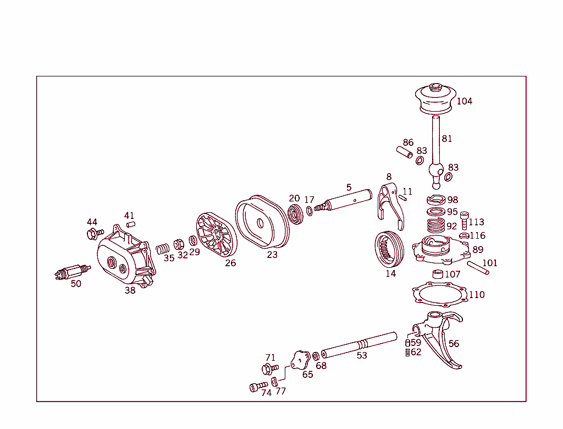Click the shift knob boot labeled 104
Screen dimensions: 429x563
(436, 101)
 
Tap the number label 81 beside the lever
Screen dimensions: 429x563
(447, 139)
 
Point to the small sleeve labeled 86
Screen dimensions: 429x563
(405, 151)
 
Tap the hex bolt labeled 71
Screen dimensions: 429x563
(270, 368)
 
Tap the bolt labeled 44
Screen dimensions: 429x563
(93, 234)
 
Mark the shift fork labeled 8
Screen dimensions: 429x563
(391, 203)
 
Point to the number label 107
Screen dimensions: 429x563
(453, 274)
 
